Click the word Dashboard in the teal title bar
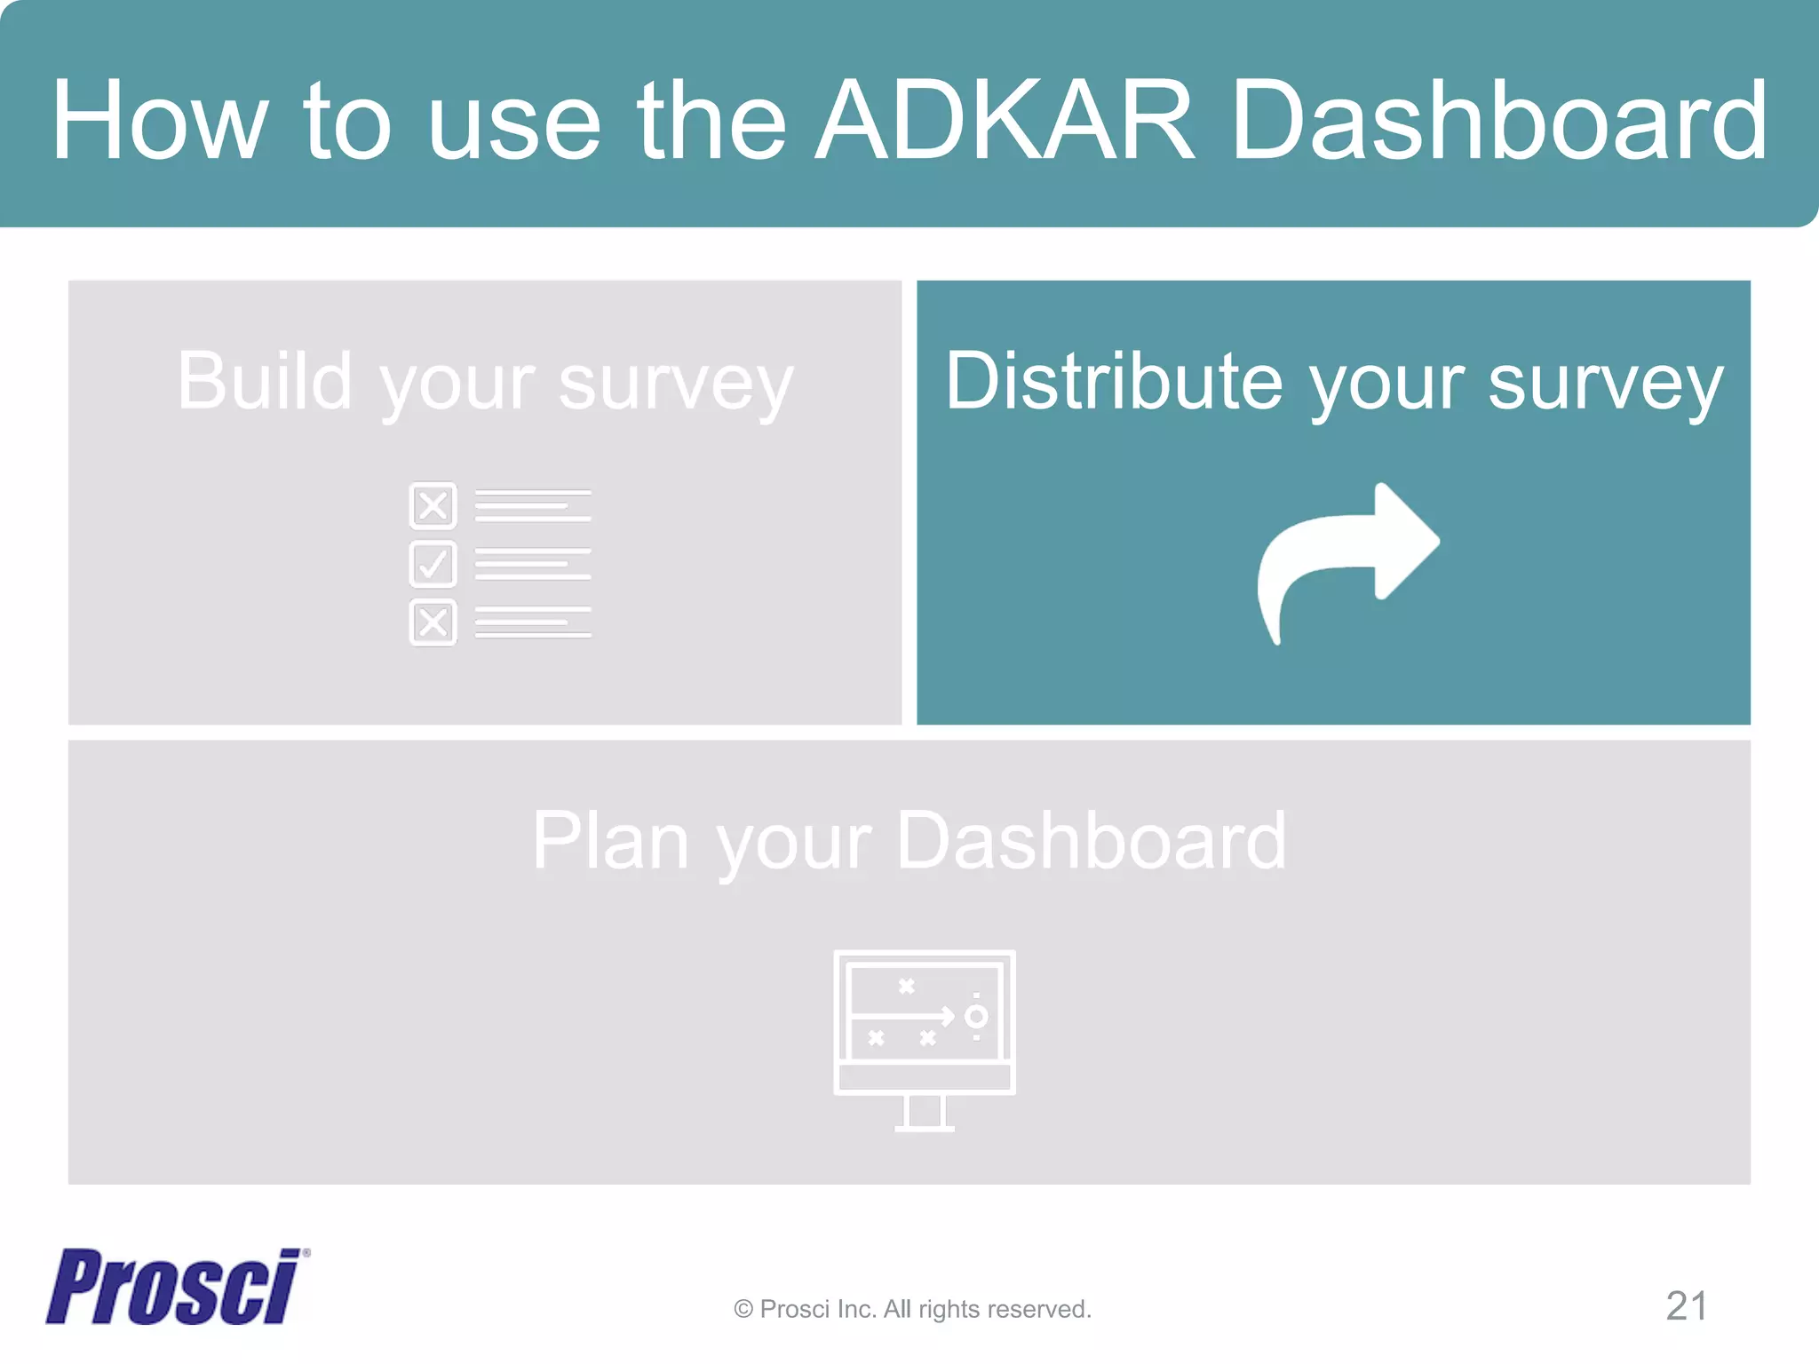1499,121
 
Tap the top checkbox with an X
433,505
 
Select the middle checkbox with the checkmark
433,564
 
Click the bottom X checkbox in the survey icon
433,622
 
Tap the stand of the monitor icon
924,1114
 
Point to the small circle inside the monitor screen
976,1016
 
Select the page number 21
1686,1306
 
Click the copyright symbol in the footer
743,1309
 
